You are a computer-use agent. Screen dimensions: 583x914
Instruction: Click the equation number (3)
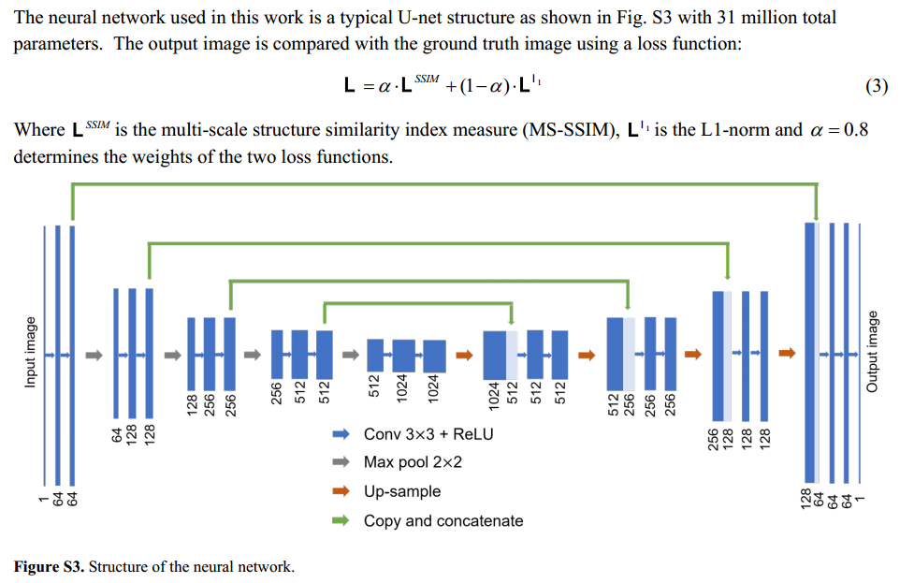coord(876,87)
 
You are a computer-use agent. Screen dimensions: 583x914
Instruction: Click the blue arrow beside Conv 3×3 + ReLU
coord(341,434)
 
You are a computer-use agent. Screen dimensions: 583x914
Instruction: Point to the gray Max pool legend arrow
coord(341,462)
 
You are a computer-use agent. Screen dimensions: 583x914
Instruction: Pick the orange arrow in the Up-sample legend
coord(341,491)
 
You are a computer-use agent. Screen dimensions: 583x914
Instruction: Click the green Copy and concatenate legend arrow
coord(341,520)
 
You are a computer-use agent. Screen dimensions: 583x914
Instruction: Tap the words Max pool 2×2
coord(413,462)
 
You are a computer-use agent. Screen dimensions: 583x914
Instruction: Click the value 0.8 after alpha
coord(855,130)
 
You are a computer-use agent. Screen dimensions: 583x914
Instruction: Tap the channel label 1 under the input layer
coord(42,503)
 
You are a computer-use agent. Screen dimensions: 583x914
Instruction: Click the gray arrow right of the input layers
coord(93,355)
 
